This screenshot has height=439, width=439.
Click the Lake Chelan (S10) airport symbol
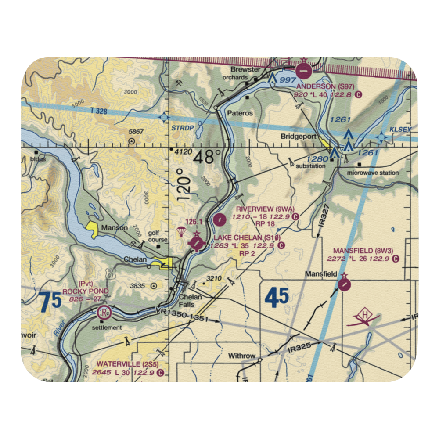coord(197,242)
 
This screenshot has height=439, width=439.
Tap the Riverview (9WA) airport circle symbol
coord(219,219)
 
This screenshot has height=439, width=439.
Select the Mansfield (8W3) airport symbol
coord(345,285)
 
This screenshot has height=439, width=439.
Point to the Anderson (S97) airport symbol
coord(304,70)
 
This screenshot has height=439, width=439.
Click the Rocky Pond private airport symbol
coord(104,313)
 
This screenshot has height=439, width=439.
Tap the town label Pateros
coord(240,113)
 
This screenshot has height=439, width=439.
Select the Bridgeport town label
coord(298,137)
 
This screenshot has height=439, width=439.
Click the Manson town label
coord(114,228)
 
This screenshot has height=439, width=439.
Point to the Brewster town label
coord(246,70)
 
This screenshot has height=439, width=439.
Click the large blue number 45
coord(277,297)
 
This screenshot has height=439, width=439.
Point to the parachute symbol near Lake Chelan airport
coord(180,231)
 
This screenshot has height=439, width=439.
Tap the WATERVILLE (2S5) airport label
coord(125,364)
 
